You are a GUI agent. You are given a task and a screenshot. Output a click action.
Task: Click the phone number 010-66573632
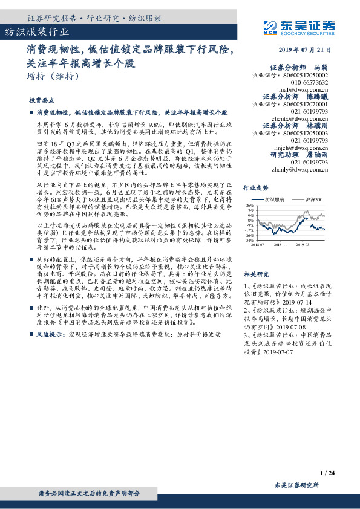pyautogui.click(x=310, y=82)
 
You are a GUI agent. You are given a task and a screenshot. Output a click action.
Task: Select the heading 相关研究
pyautogui.click(x=255, y=274)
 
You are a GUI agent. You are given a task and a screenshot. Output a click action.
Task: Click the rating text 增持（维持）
pyautogui.click(x=53, y=76)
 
